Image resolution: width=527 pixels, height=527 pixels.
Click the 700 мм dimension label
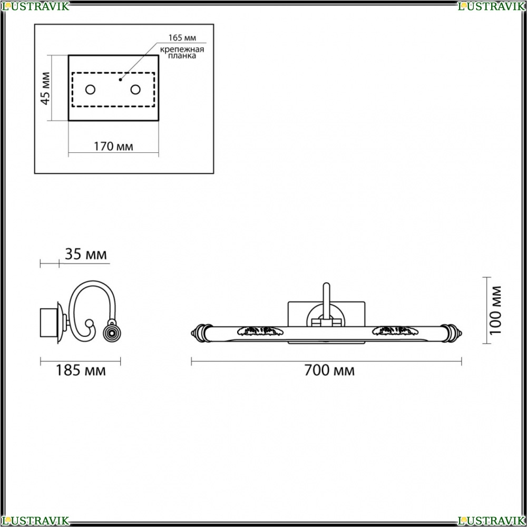click(x=329, y=370)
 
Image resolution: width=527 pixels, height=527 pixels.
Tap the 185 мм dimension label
click(x=81, y=370)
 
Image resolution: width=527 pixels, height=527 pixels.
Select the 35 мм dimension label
click(x=86, y=254)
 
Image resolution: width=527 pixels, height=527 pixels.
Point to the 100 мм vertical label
click(x=495, y=310)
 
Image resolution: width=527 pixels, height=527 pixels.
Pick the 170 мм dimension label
click(x=113, y=147)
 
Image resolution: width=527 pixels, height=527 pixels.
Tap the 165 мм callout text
click(x=182, y=37)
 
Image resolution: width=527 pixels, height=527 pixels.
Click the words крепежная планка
click(x=182, y=53)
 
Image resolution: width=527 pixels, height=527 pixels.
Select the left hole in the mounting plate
click(x=91, y=90)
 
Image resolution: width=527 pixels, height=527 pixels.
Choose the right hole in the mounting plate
click(x=135, y=90)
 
